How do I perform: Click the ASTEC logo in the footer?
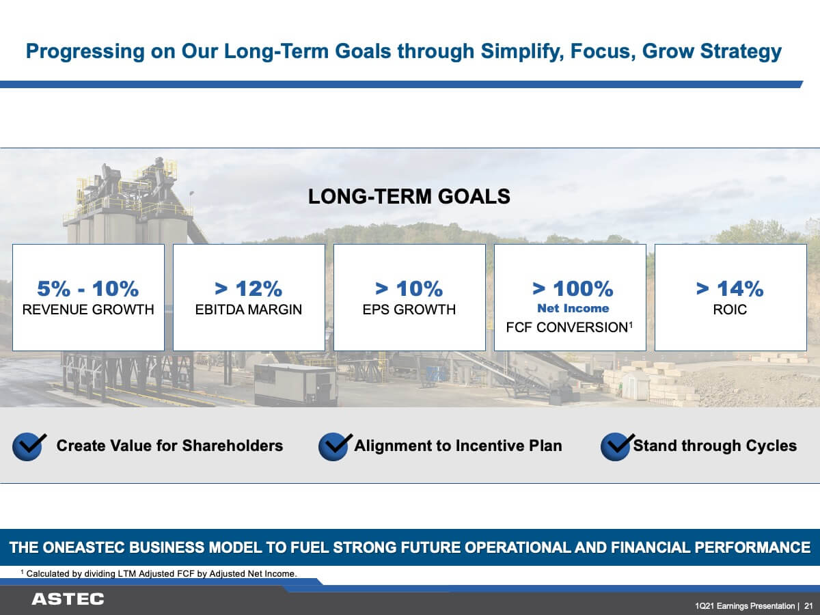tap(68, 599)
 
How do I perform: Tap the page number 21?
tap(808, 605)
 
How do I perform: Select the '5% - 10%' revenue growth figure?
tap(87, 288)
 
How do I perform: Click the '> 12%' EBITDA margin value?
tap(249, 288)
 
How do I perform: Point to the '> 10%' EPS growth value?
tap(409, 288)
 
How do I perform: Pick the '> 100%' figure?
tap(573, 288)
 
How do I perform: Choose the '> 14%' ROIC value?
tap(730, 288)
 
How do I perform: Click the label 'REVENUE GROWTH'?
tap(88, 310)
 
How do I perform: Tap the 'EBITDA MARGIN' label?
tap(249, 310)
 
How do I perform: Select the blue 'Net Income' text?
tap(573, 308)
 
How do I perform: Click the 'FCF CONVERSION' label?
tap(566, 327)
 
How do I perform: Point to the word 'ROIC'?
tap(730, 310)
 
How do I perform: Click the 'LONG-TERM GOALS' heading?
tap(409, 196)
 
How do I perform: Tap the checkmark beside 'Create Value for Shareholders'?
tap(29, 447)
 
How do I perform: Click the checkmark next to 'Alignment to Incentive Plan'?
tap(335, 447)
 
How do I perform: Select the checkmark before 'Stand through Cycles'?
tap(617, 447)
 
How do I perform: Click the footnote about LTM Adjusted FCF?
tap(159, 573)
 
